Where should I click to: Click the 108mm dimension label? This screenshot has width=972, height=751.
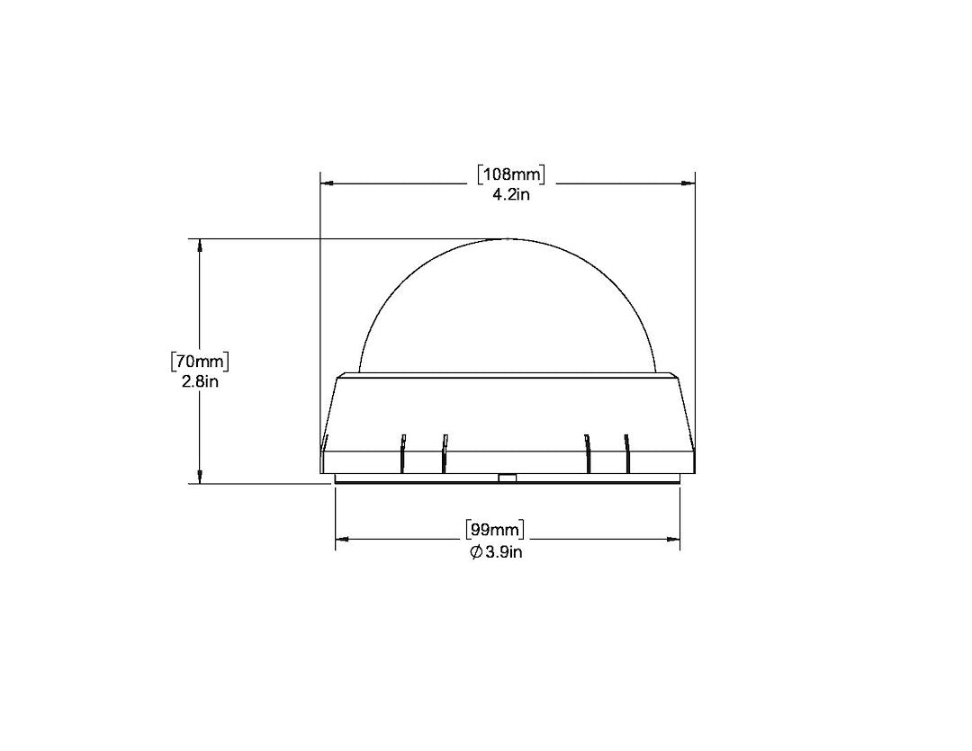(511, 174)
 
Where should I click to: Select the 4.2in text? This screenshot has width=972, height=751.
(511, 194)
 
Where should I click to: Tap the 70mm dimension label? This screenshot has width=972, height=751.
(200, 362)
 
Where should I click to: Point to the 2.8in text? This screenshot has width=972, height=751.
(200, 381)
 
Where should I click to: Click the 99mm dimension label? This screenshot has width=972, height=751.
(495, 530)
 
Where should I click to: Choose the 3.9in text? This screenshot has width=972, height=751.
(503, 552)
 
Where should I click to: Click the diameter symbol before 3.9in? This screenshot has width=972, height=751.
(475, 552)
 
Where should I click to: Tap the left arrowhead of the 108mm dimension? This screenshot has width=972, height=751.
(328, 183)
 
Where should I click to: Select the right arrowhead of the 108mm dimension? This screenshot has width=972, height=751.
(688, 183)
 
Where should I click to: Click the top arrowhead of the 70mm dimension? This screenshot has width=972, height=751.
(199, 246)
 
